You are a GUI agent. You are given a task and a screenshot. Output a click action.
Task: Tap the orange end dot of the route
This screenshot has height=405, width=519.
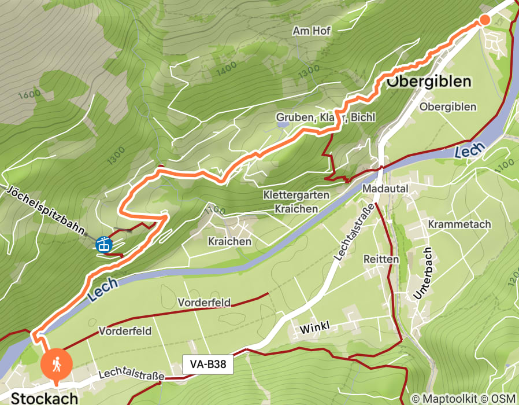pos(484,20)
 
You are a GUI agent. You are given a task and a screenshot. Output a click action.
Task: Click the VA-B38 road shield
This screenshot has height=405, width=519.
pos(207,365)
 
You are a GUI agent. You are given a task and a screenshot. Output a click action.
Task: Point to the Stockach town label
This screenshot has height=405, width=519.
pos(45,398)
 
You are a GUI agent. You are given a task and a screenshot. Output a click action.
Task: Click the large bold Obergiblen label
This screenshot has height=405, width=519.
pos(428,82)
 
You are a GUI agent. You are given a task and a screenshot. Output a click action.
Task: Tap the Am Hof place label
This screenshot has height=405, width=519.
pos(312,31)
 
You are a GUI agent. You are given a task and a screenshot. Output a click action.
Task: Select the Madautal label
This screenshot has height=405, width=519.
pos(385,189)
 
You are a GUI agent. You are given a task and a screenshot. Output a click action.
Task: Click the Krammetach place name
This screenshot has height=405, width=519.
pos(459,224)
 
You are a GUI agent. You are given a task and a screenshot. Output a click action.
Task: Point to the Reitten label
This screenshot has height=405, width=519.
pos(381,259)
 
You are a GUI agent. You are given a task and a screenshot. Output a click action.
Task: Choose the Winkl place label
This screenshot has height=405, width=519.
pos(314,329)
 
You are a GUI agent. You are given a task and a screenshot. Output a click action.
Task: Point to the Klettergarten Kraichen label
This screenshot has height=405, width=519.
pos(296,201)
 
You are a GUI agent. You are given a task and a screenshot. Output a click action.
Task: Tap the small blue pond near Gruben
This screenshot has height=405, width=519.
pos(282,124)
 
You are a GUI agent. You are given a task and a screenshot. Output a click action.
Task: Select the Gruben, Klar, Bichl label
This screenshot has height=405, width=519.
pos(325,117)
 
